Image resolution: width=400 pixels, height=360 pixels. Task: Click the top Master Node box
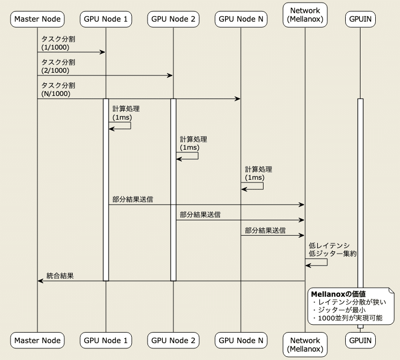coord(37,20)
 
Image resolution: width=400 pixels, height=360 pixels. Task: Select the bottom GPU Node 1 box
coord(105,340)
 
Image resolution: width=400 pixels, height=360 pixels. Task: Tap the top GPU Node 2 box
coord(173,20)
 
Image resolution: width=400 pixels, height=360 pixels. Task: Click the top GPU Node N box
coord(241,20)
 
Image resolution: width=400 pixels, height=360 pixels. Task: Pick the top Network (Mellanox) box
coord(305,15)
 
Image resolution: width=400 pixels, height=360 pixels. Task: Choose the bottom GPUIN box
coord(360,340)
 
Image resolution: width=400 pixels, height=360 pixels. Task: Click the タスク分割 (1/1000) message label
coord(58,43)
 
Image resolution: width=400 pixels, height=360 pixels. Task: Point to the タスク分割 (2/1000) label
coord(58,66)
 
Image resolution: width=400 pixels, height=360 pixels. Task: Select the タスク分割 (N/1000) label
coord(58,90)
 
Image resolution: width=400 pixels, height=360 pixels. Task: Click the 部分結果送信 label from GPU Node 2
coord(200,215)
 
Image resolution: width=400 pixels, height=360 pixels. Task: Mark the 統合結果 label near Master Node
coord(60,275)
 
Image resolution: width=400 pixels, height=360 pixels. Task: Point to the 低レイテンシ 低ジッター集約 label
coord(333,249)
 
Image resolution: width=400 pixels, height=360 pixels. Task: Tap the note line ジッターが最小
coord(342,310)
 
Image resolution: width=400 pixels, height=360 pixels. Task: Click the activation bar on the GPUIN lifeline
coord(360,211)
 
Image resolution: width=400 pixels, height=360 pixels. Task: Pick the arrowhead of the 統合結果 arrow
coord(40,281)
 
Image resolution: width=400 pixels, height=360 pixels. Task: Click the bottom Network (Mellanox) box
coord(305,345)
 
